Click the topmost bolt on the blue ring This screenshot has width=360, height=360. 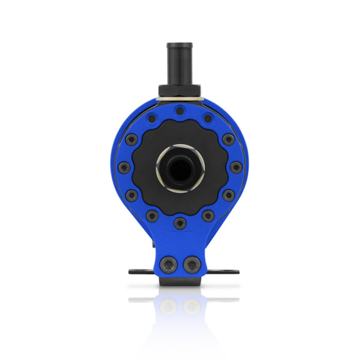point(179,111)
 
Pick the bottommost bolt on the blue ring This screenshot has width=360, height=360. point(179,222)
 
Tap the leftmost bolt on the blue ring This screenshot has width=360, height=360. point(124,167)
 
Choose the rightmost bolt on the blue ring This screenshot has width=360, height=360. point(235,167)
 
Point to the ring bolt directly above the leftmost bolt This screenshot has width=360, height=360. point(132,139)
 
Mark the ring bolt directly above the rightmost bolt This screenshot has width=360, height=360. point(227,139)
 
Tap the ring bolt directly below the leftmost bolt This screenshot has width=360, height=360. point(132,194)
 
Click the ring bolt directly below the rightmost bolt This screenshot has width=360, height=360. point(227,194)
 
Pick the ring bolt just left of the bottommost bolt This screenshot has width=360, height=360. point(152,215)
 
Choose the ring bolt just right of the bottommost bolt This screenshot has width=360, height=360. point(207,215)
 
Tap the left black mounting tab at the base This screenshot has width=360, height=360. point(135,271)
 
